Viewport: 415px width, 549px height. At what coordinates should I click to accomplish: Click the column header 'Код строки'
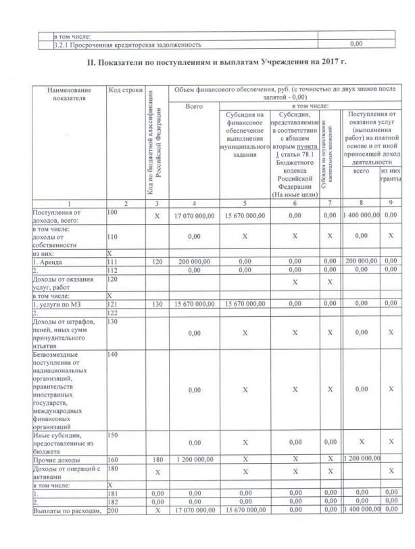point(124,91)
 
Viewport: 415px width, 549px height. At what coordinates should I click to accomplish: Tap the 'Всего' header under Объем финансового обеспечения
point(193,106)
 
